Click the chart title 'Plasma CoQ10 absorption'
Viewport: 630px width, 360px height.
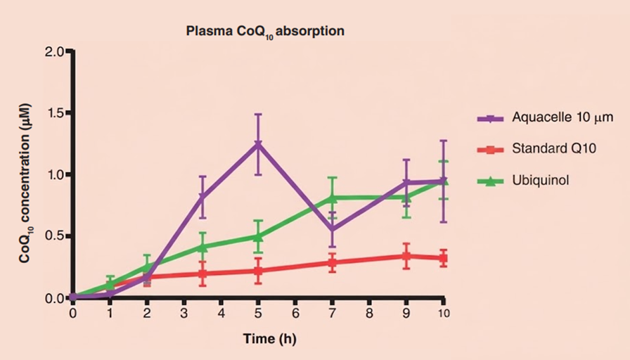click(x=265, y=32)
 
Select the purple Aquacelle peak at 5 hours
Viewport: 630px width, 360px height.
click(x=259, y=145)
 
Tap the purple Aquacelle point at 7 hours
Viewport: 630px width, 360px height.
click(x=333, y=229)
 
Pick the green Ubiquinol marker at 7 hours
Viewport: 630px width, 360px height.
click(x=333, y=198)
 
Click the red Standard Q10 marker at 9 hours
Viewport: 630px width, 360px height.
click(x=406, y=257)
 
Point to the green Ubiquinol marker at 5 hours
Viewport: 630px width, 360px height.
click(x=259, y=236)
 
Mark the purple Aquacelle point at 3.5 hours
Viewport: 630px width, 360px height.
click(x=202, y=197)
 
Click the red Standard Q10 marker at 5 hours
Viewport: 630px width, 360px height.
click(x=259, y=271)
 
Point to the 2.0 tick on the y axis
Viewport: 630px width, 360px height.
click(x=53, y=51)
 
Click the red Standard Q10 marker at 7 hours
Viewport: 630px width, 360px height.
click(x=333, y=263)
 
